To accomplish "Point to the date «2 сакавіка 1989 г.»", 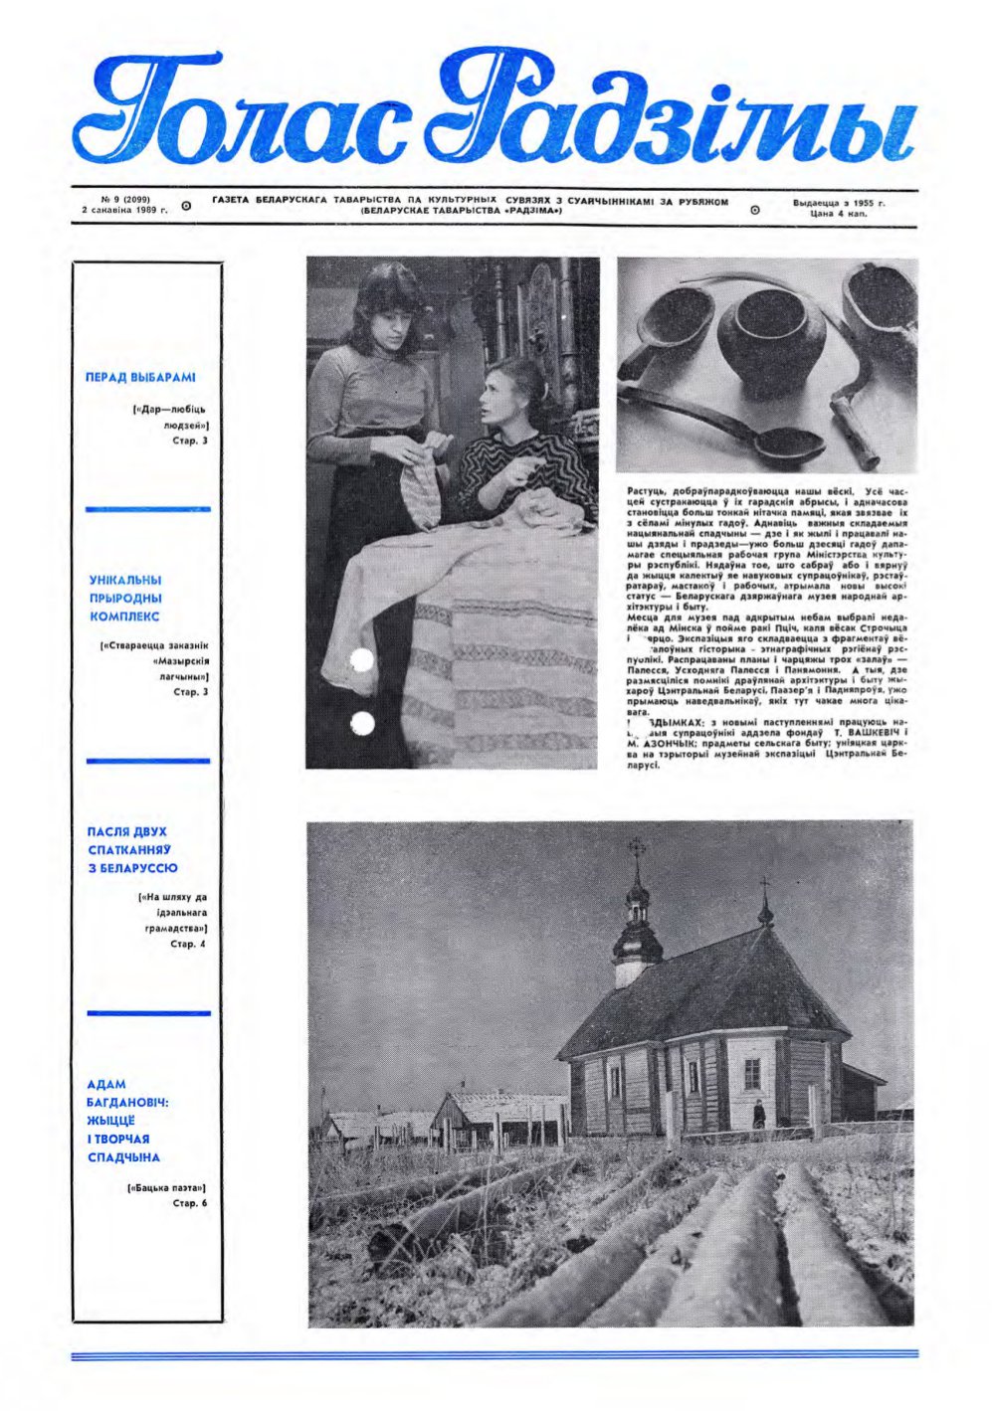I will [124, 211].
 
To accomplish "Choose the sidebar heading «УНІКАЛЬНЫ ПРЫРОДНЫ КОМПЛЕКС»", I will [125, 598].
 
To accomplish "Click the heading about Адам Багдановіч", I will [124, 1120].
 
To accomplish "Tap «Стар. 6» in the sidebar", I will [188, 1204].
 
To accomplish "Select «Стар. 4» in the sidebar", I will [188, 943].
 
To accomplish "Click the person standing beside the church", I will [759, 1114].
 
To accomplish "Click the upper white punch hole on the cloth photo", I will [361, 660].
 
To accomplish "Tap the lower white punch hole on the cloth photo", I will [362, 724].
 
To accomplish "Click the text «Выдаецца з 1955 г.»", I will [839, 202].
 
